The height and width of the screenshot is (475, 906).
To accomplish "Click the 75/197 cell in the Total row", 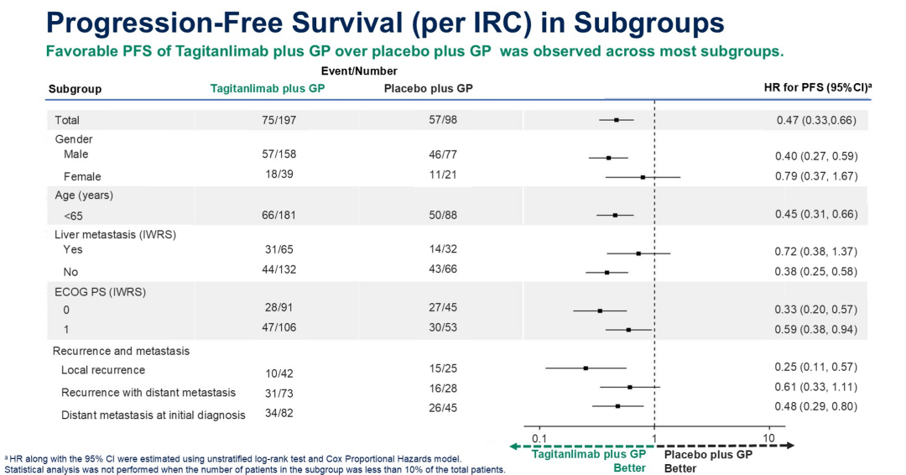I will [x=279, y=120].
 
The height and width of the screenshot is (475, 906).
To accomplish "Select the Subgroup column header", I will [x=75, y=88].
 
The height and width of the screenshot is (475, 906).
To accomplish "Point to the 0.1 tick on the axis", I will [x=540, y=439].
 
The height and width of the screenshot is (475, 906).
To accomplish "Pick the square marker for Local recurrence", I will [x=586, y=368].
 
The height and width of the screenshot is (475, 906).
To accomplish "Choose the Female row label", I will [x=82, y=176].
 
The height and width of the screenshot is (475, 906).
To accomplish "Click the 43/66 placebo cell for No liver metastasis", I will [x=442, y=269].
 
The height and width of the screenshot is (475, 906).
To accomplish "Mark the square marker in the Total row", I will [x=617, y=120].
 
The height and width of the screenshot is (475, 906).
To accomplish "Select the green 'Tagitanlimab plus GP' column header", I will [x=267, y=88].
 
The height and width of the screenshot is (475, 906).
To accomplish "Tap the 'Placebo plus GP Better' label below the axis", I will [x=707, y=461].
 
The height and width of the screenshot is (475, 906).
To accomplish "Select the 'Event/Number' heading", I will [x=359, y=71].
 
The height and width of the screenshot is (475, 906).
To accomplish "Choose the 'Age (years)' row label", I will [x=83, y=196].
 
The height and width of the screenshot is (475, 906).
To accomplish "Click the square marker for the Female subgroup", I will [x=643, y=177].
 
